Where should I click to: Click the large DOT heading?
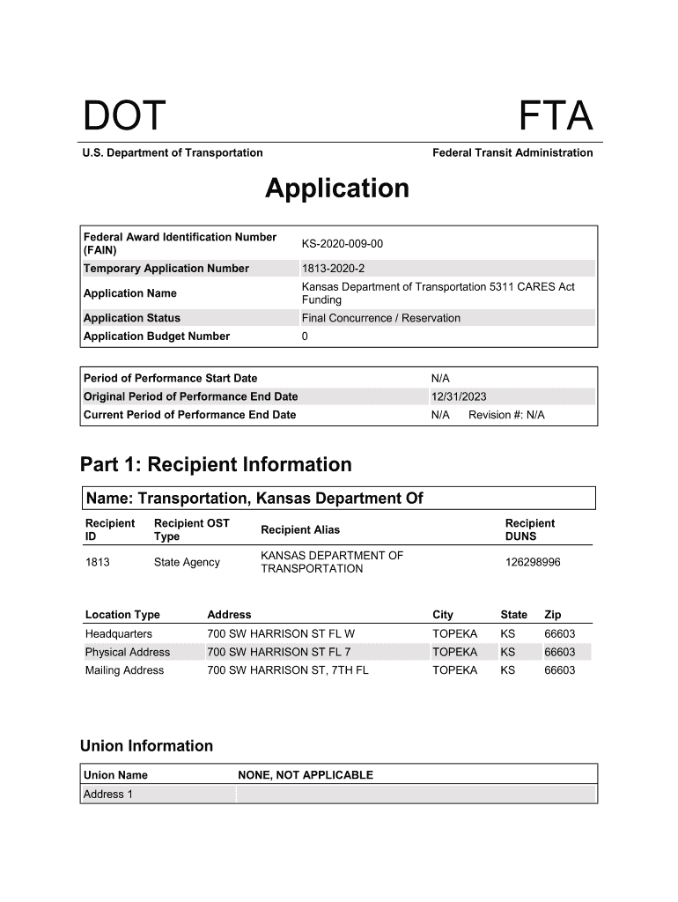(124, 118)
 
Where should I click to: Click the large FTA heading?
(555, 118)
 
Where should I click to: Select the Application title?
(337, 189)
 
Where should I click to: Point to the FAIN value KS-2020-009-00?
(343, 243)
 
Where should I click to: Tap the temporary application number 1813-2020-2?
(333, 269)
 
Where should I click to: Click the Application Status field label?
(132, 318)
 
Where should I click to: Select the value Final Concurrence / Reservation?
(381, 318)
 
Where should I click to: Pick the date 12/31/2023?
(458, 396)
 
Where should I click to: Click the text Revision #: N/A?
(506, 415)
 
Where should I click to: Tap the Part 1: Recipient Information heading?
(216, 464)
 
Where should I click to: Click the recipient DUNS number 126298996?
(533, 562)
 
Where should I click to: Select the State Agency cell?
(187, 562)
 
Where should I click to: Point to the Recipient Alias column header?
(300, 529)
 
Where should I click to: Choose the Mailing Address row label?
(124, 670)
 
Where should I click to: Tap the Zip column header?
(553, 615)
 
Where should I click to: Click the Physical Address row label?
(128, 653)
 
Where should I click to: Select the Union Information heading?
(146, 746)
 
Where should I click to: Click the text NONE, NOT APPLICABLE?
(306, 775)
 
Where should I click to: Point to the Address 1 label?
(108, 795)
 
